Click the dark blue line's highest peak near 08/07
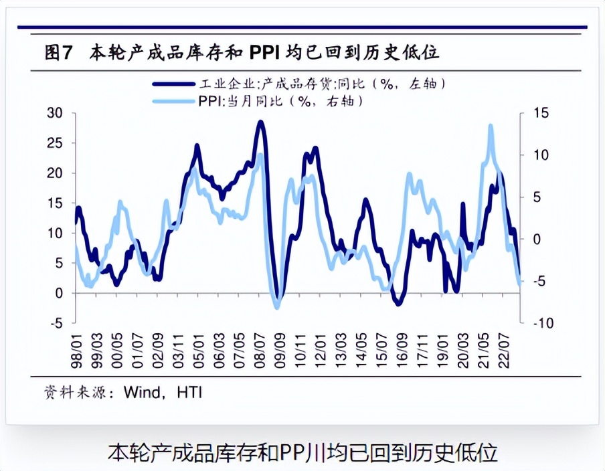click(x=261, y=122)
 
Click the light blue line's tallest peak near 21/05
click(x=491, y=126)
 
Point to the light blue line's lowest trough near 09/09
click(x=277, y=306)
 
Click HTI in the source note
click(x=189, y=392)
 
